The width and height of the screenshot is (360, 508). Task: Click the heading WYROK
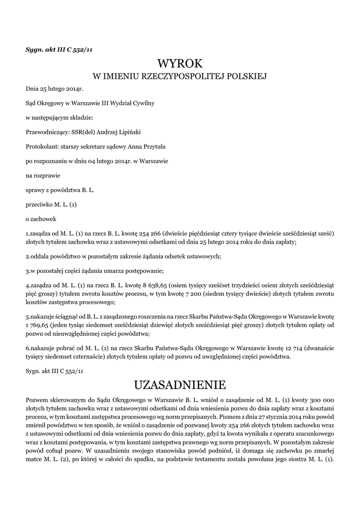coord(180,64)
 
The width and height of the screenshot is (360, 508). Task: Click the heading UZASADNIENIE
coord(180,385)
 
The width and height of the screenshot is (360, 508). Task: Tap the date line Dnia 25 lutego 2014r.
coord(54,89)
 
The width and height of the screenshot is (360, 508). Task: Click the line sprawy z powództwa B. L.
coord(59,190)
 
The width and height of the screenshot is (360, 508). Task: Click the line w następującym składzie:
coord(59,118)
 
